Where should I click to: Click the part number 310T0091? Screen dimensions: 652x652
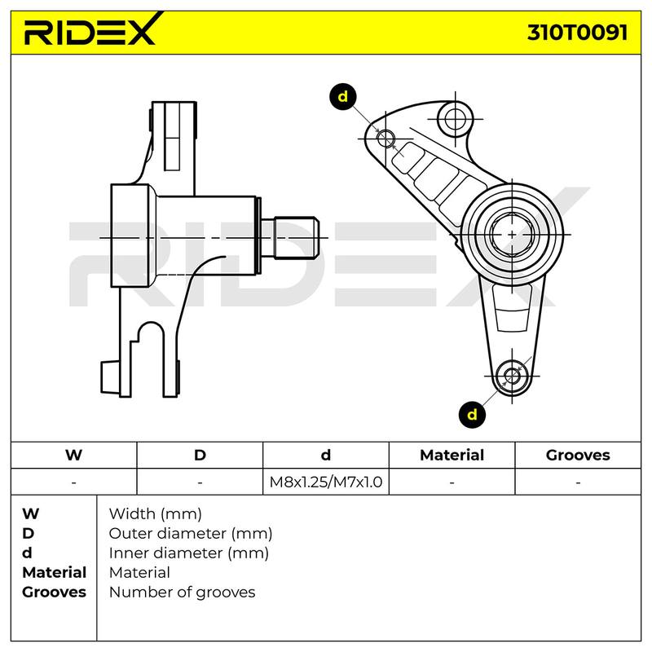[578, 33]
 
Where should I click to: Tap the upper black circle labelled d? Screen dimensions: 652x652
[342, 97]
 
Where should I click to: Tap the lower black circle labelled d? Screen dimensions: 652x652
[472, 415]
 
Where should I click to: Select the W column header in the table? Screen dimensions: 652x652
[73, 455]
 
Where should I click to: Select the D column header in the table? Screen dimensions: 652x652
[200, 455]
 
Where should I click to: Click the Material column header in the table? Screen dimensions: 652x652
[452, 455]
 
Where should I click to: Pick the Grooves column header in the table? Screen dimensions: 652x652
[578, 455]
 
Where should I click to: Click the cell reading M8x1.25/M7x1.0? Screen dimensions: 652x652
[326, 482]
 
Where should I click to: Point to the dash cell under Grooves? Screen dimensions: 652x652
[578, 482]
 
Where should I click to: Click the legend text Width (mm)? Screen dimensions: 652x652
[156, 514]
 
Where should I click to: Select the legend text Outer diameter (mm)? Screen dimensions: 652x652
[191, 534]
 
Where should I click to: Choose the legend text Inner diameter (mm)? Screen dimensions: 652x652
[189, 553]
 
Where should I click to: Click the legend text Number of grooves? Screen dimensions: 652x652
[182, 593]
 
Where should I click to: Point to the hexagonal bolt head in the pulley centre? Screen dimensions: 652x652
[512, 235]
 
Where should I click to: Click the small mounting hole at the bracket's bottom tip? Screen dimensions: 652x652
[512, 377]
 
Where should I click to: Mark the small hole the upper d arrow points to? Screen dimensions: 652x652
[385, 138]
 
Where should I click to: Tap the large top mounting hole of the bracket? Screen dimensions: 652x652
[456, 119]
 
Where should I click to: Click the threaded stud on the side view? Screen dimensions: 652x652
[296, 238]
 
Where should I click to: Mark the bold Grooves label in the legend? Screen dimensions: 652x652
[54, 593]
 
